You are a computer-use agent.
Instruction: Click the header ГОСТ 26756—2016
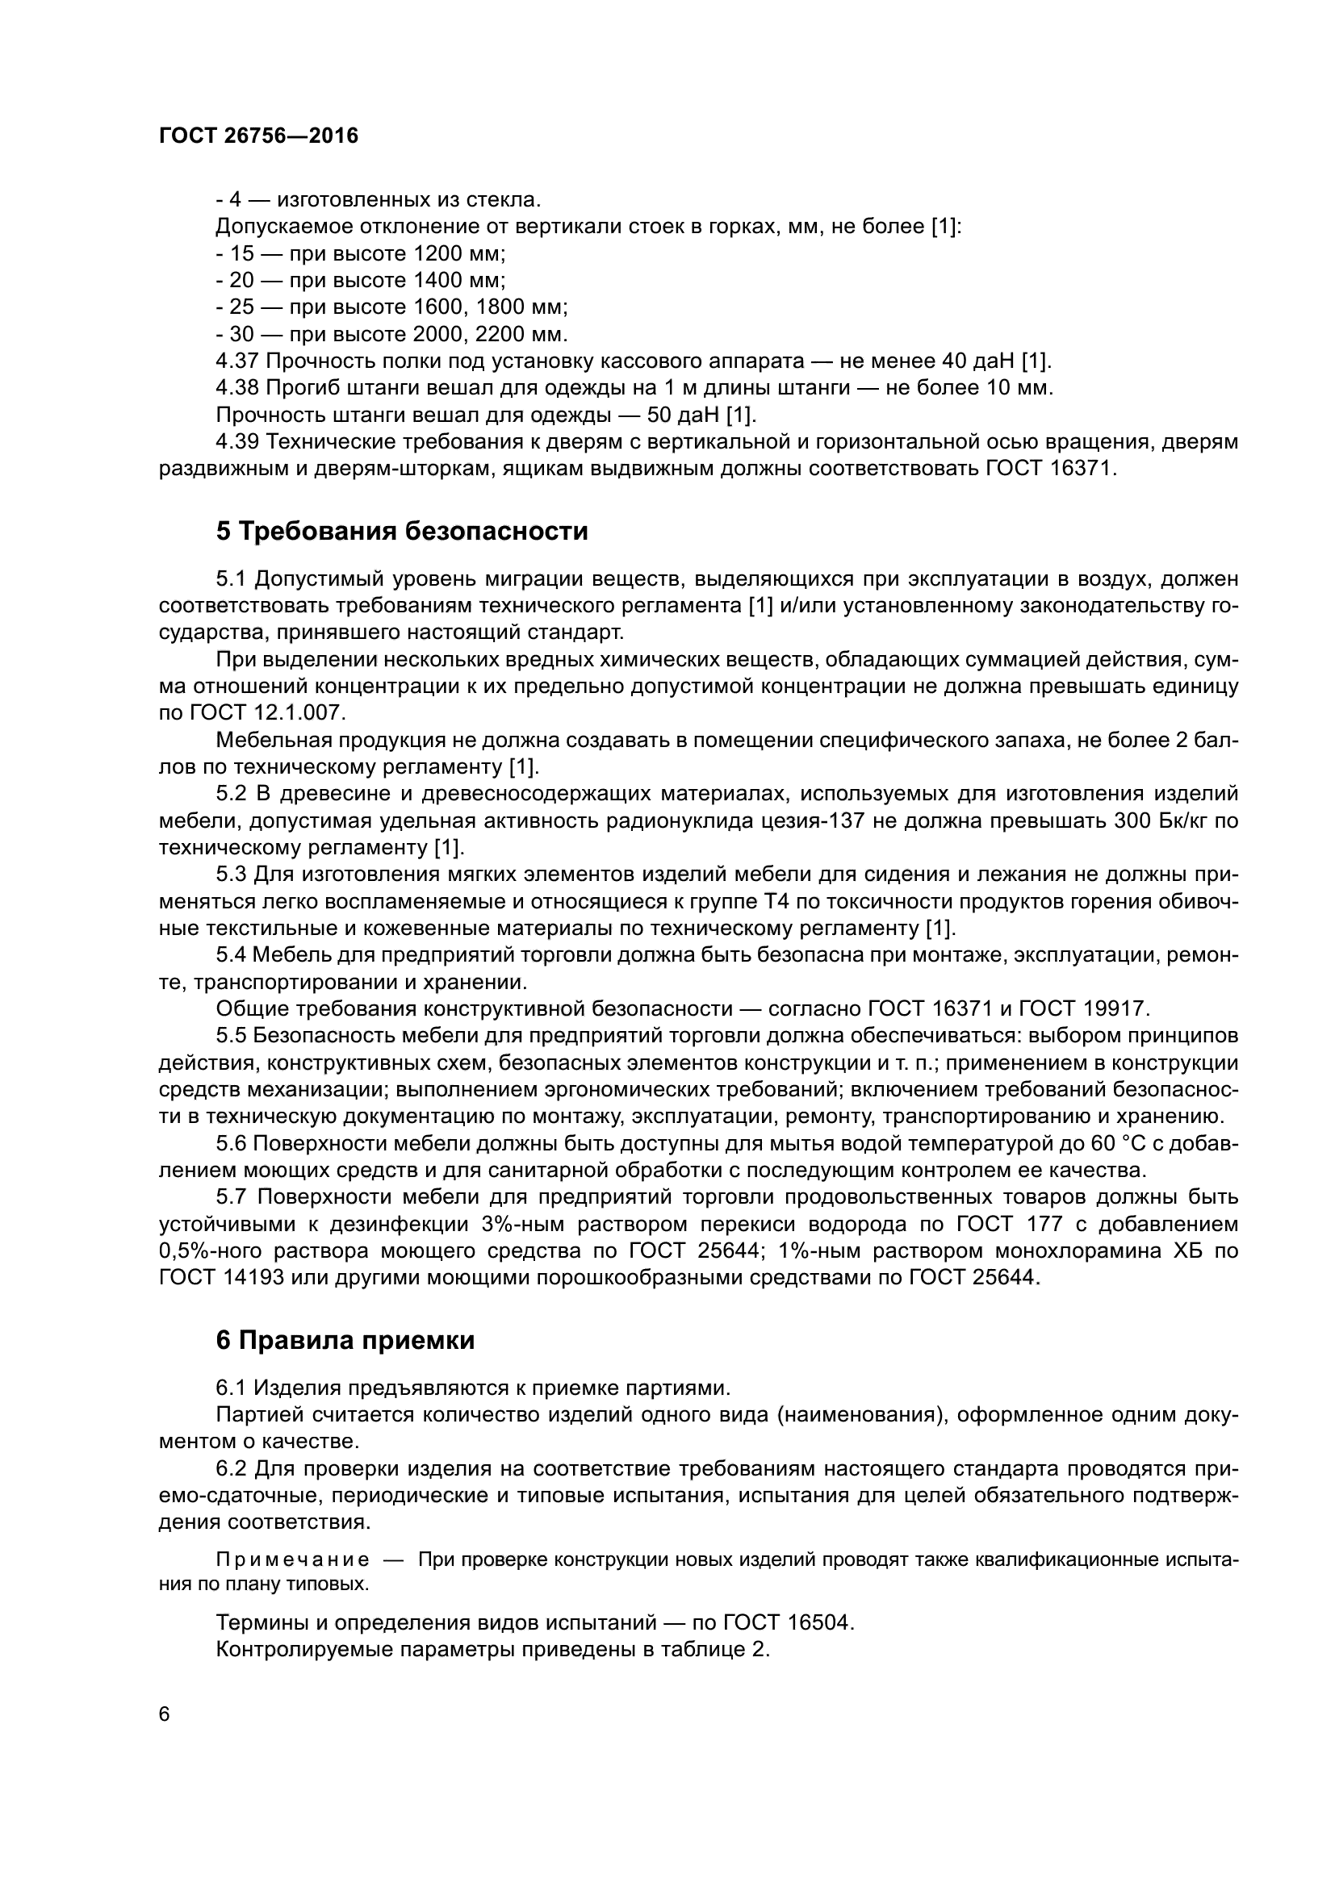point(258,136)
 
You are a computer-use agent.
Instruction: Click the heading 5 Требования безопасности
point(402,532)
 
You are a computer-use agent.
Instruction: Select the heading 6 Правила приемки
point(345,1341)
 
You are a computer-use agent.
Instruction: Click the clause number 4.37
point(237,361)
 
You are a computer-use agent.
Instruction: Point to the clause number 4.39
point(237,442)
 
